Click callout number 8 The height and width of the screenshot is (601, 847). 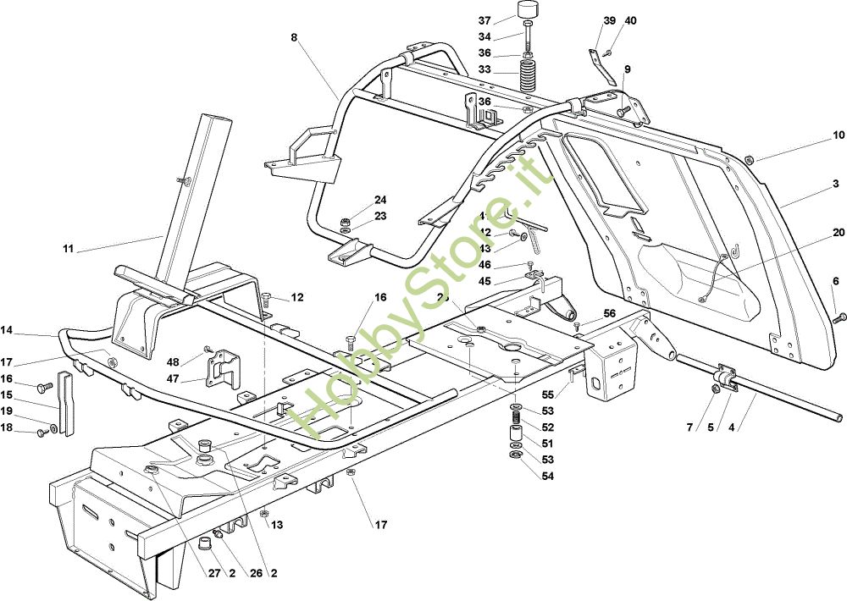pyautogui.click(x=294, y=37)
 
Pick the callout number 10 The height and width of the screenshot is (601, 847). pyautogui.click(x=839, y=135)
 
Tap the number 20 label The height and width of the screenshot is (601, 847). pyautogui.click(x=839, y=233)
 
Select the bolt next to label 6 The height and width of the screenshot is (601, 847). pyautogui.click(x=841, y=317)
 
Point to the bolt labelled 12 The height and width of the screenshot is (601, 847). pyautogui.click(x=266, y=298)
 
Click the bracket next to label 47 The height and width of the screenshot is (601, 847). pyautogui.click(x=222, y=369)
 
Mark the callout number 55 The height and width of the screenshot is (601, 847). pyautogui.click(x=547, y=395)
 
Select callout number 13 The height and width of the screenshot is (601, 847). pyautogui.click(x=277, y=526)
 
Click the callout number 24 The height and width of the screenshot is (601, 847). pyautogui.click(x=380, y=201)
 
